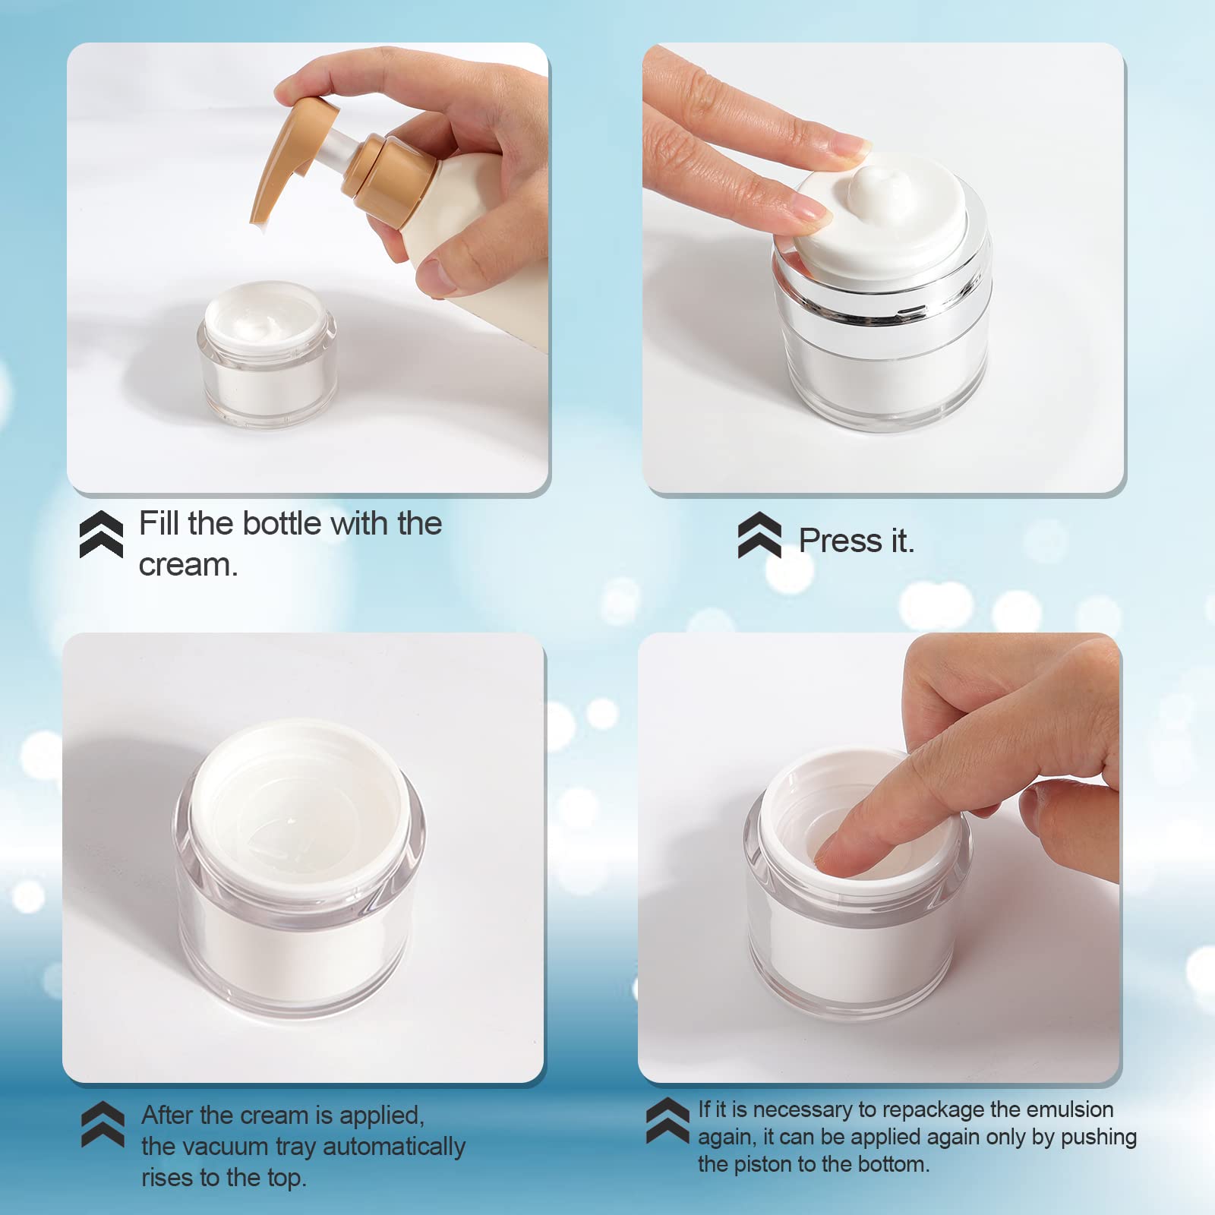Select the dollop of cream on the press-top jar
873,190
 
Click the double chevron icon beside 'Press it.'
759,535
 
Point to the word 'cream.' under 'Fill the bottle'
188,565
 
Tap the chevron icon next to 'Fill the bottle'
101,534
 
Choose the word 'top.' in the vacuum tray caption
286,1178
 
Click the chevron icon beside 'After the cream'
103,1124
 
